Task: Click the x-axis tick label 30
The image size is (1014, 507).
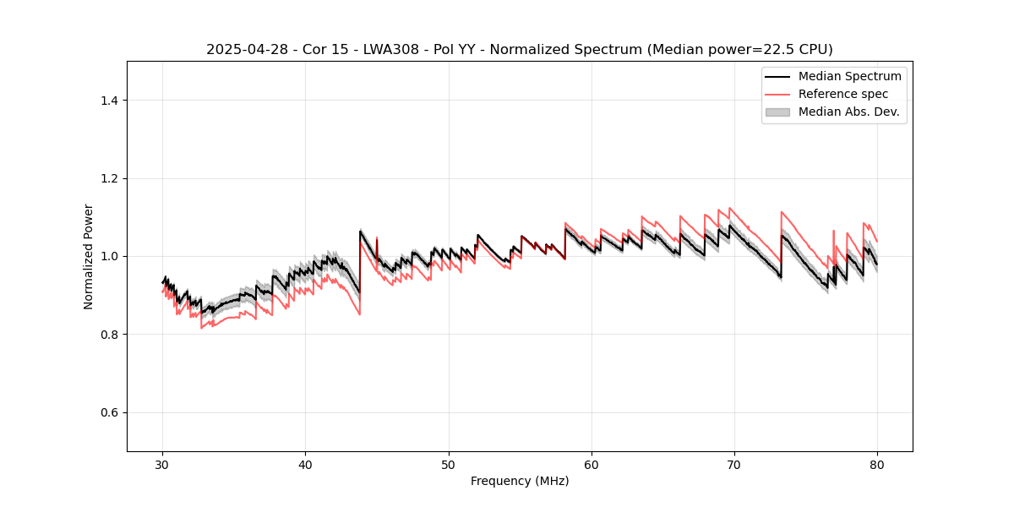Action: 163,464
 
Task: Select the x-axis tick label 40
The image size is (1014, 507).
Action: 306,464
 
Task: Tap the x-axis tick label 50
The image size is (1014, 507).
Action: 449,464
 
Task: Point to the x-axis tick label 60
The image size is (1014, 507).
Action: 591,464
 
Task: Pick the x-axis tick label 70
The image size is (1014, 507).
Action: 734,464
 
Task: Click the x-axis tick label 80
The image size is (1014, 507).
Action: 877,464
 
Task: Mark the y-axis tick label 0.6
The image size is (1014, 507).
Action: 109,412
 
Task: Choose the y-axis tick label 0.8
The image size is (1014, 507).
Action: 109,335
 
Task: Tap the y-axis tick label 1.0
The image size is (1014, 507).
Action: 109,256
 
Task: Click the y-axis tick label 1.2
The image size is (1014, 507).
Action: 109,178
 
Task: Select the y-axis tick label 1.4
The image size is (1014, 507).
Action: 109,101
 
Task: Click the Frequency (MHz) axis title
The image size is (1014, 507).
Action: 520,481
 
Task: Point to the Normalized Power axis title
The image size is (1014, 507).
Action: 88,256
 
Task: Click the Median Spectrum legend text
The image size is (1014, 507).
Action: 849,76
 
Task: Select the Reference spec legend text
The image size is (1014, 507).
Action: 843,94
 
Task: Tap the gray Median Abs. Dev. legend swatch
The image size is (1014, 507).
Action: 777,112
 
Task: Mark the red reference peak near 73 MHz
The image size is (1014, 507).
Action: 782,212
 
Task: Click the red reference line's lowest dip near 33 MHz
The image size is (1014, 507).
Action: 201,327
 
